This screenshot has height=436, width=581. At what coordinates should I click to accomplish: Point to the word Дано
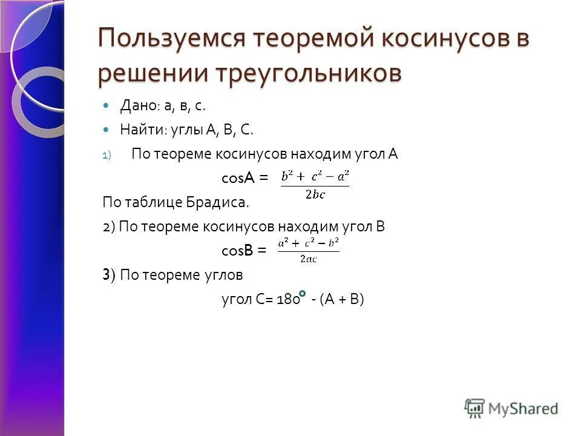(x=139, y=106)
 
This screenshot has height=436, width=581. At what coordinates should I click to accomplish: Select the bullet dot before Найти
(x=107, y=130)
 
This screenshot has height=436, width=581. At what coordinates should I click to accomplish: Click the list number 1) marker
(x=107, y=155)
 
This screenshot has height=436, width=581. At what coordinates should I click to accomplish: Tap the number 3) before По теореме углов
(x=108, y=275)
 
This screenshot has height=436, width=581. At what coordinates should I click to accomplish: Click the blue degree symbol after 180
(x=301, y=294)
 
